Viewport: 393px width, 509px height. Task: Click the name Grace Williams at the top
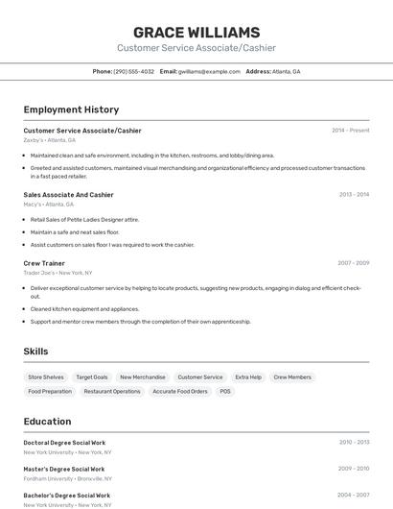pos(196,33)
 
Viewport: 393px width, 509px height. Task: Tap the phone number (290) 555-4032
pos(133,71)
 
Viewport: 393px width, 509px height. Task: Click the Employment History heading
pos(71,109)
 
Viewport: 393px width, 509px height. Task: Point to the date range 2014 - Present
pos(350,130)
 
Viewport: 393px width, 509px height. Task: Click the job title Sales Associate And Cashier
pos(68,194)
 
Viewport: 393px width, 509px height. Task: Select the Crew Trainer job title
pos(44,262)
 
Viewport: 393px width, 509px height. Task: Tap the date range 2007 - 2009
pos(353,262)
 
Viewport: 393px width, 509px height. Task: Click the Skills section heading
pos(35,351)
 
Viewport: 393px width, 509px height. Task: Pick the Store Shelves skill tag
pos(46,377)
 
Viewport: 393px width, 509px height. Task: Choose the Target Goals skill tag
pos(92,377)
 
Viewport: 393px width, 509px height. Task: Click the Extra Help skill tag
pos(248,377)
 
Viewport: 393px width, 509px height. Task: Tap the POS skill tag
pos(225,392)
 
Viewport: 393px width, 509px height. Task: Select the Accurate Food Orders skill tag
pos(180,392)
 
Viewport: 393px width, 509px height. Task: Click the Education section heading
pos(47,421)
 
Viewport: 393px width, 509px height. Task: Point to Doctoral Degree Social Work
pos(64,442)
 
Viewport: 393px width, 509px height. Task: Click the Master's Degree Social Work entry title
pos(63,469)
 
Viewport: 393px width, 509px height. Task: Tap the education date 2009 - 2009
pos(353,469)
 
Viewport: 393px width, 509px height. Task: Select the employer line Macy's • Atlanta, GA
pos(49,204)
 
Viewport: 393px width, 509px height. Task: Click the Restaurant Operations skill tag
pos(112,392)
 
